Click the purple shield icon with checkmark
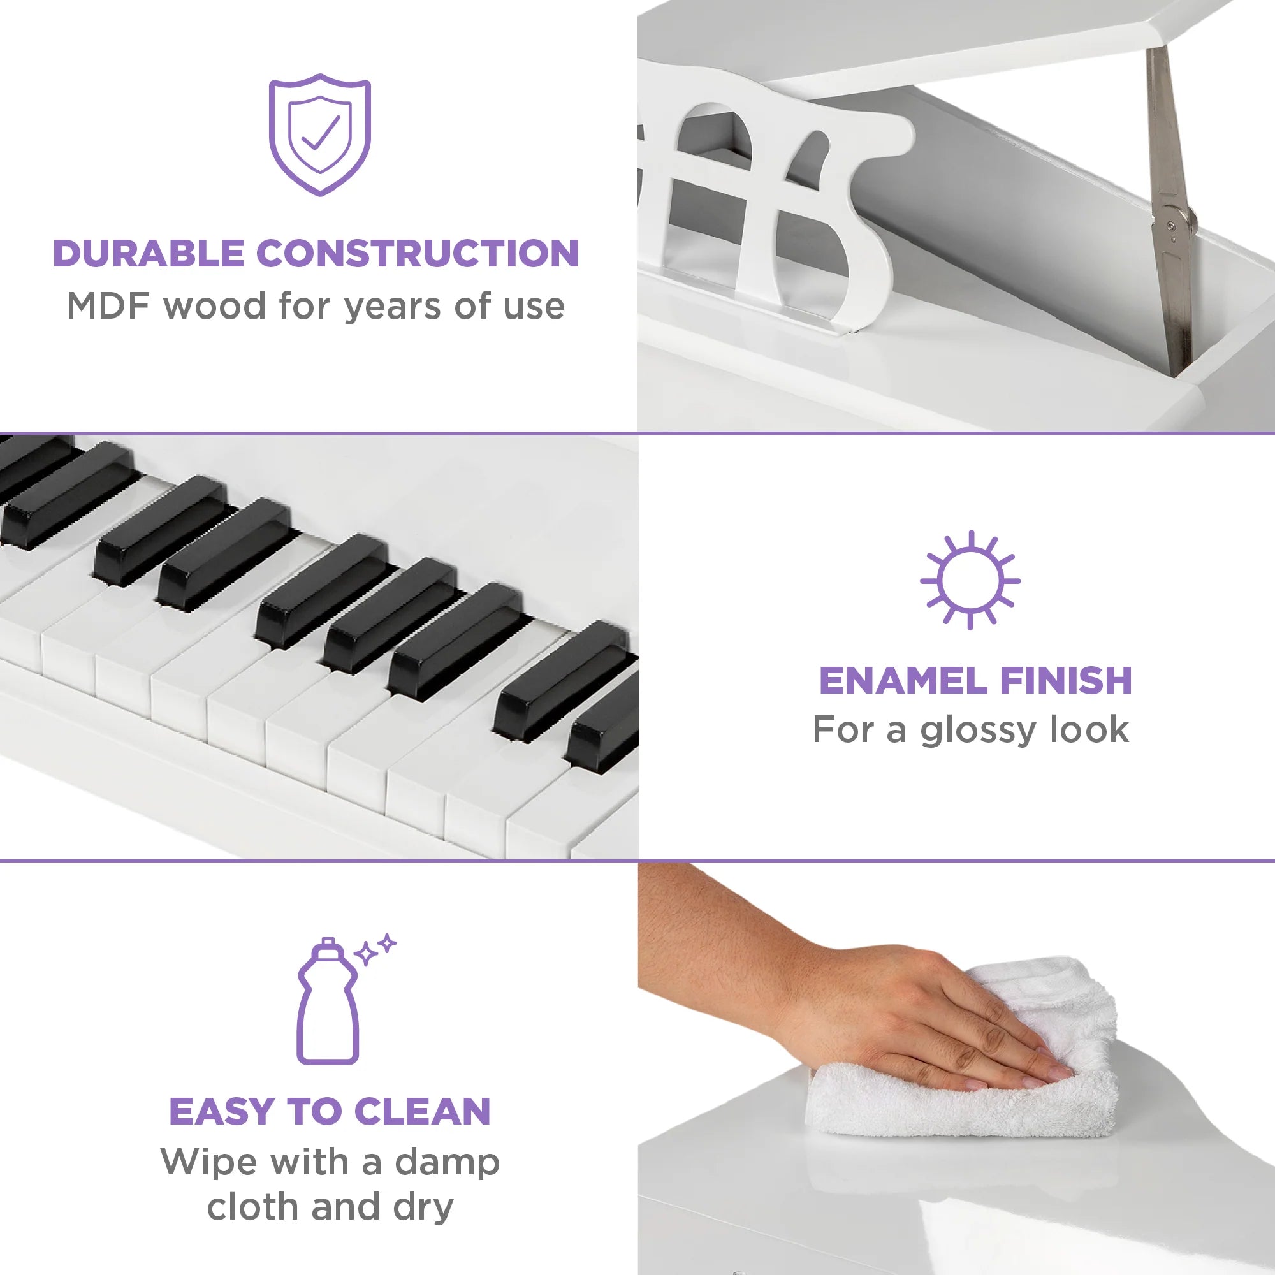coord(319,135)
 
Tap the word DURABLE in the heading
coord(149,254)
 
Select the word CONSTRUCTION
coord(417,254)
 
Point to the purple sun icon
coord(970,581)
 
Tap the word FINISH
coord(1065,680)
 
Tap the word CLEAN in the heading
coord(423,1111)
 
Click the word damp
coord(447,1162)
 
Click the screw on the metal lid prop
coord(1170,226)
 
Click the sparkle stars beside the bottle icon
coord(375,949)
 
